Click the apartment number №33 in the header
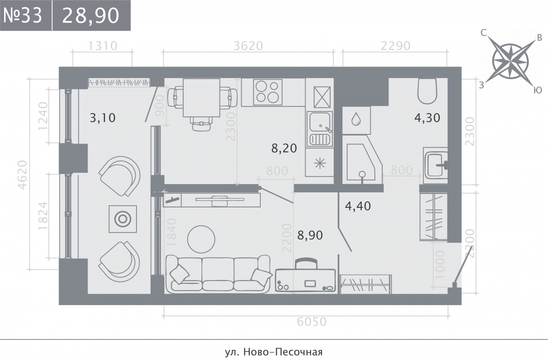click(x=23, y=16)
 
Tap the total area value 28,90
click(x=90, y=16)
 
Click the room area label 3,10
click(x=102, y=118)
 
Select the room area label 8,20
click(x=284, y=148)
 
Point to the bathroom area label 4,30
click(x=427, y=118)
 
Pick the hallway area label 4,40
click(x=358, y=206)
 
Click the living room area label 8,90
click(x=310, y=235)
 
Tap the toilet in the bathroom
click(x=427, y=91)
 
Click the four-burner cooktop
click(x=268, y=92)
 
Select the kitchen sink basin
click(x=320, y=122)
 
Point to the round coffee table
click(x=201, y=239)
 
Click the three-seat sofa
click(x=218, y=274)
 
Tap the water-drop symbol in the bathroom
click(x=356, y=119)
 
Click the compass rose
click(x=511, y=61)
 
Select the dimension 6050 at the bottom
click(x=311, y=322)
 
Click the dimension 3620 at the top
click(x=248, y=46)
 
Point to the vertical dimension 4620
click(x=22, y=175)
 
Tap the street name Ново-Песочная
click(x=283, y=345)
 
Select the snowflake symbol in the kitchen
click(x=320, y=163)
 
